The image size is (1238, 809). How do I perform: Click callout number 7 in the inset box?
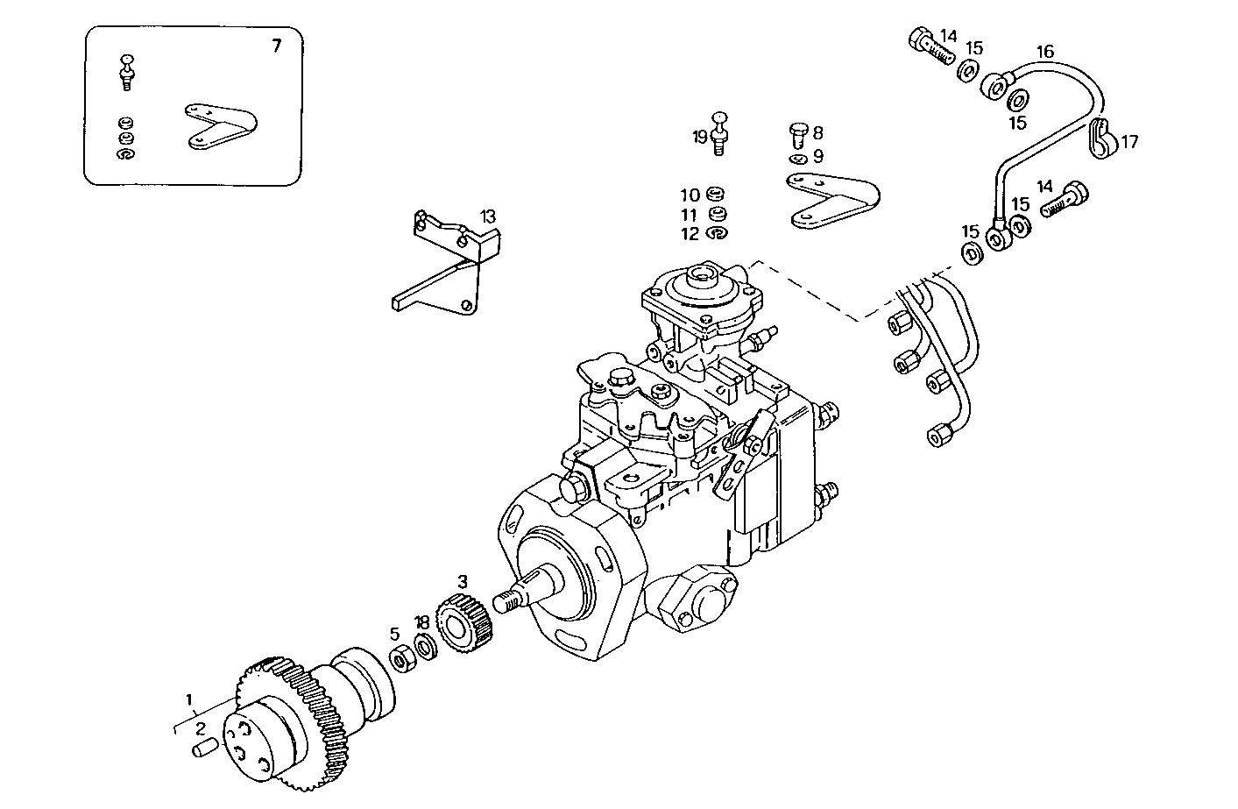pyautogui.click(x=277, y=46)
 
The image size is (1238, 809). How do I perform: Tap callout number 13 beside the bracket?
pyautogui.click(x=487, y=216)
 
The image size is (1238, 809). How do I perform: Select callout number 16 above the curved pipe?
pyautogui.click(x=1045, y=52)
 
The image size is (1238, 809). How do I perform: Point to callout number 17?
pyautogui.click(x=1129, y=141)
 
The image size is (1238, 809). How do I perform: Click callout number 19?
pyautogui.click(x=699, y=137)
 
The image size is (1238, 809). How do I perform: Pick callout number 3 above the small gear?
pyautogui.click(x=462, y=581)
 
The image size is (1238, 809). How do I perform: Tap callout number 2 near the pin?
pyautogui.click(x=200, y=728)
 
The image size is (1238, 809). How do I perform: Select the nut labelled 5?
pyautogui.click(x=402, y=658)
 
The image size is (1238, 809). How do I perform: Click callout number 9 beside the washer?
pyautogui.click(x=817, y=157)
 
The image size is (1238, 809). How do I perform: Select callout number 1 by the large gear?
pyautogui.click(x=187, y=699)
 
